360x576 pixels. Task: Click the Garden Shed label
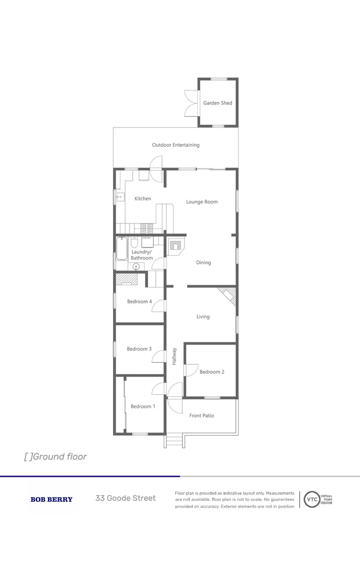coord(218,103)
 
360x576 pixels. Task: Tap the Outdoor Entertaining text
coord(175,145)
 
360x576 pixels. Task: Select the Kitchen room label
coord(142,199)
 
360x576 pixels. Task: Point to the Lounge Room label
coord(202,202)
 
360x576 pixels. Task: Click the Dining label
coord(203,262)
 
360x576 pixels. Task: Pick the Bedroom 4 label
coord(139,302)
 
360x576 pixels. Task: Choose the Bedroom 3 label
coord(139,349)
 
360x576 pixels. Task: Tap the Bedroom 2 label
coord(212,372)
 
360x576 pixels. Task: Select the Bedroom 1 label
coord(143,406)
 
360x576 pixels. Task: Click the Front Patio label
coord(202,415)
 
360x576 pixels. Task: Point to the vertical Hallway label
coord(174,356)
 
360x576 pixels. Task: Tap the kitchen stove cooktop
coord(146,229)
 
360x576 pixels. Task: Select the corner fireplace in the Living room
coord(228,295)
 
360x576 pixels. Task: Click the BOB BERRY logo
coord(51,500)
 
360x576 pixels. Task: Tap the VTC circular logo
coord(311,500)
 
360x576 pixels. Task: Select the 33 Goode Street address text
coord(126,498)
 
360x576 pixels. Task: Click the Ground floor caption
coord(55,457)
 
